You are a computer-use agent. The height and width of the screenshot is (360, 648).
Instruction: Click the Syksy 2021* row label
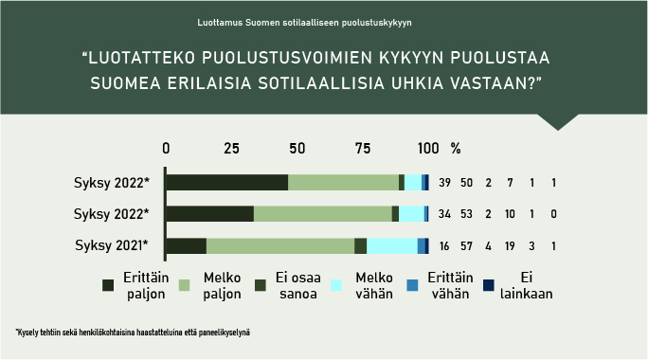pos(112,246)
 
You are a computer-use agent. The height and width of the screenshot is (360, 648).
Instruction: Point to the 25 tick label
pos(230,149)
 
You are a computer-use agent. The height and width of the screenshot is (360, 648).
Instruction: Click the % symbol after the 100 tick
pos(456,149)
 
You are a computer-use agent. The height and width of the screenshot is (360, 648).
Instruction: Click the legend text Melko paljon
pos(223,286)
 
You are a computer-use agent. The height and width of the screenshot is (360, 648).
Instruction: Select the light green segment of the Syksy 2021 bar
pos(279,246)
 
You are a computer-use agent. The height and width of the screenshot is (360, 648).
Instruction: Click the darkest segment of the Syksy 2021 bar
pos(186,246)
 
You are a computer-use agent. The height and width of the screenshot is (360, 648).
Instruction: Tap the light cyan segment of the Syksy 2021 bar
pos(391,246)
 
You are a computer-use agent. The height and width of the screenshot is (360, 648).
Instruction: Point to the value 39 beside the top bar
pos(445,183)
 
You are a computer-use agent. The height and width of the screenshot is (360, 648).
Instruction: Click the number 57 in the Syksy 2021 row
pos(466,246)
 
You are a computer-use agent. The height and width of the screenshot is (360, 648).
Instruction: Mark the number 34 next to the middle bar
pos(445,214)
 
